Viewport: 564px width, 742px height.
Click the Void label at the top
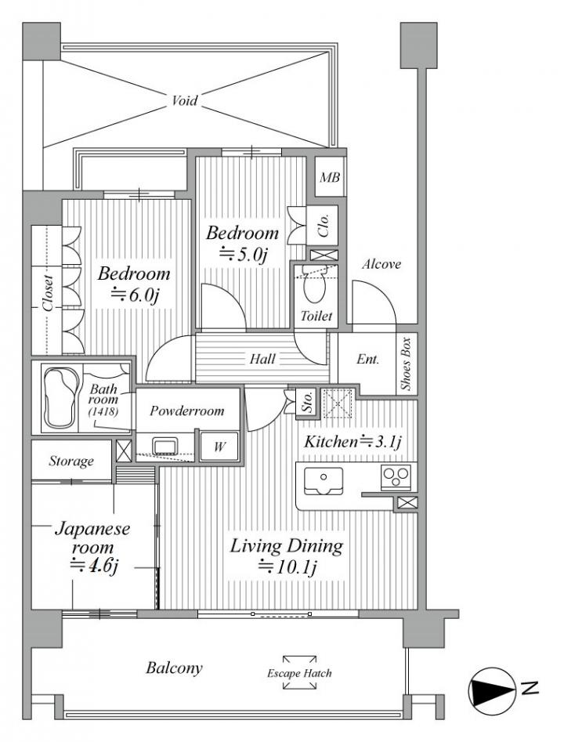[184, 100]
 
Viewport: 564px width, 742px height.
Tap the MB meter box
[330, 177]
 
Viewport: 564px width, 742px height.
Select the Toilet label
[316, 316]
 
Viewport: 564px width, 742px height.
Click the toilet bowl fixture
[313, 286]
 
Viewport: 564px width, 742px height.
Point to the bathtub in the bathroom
[60, 396]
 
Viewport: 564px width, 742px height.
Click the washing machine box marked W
[219, 446]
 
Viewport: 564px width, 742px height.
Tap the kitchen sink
[324, 480]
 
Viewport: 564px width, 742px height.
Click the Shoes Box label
[407, 364]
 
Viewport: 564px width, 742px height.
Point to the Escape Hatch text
[299, 672]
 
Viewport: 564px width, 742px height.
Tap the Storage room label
[71, 461]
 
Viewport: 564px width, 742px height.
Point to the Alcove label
[381, 264]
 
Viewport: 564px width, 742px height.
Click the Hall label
[262, 358]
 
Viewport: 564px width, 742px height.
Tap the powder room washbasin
[165, 446]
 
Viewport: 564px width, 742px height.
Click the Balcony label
[174, 668]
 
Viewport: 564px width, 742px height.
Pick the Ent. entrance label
[367, 360]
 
